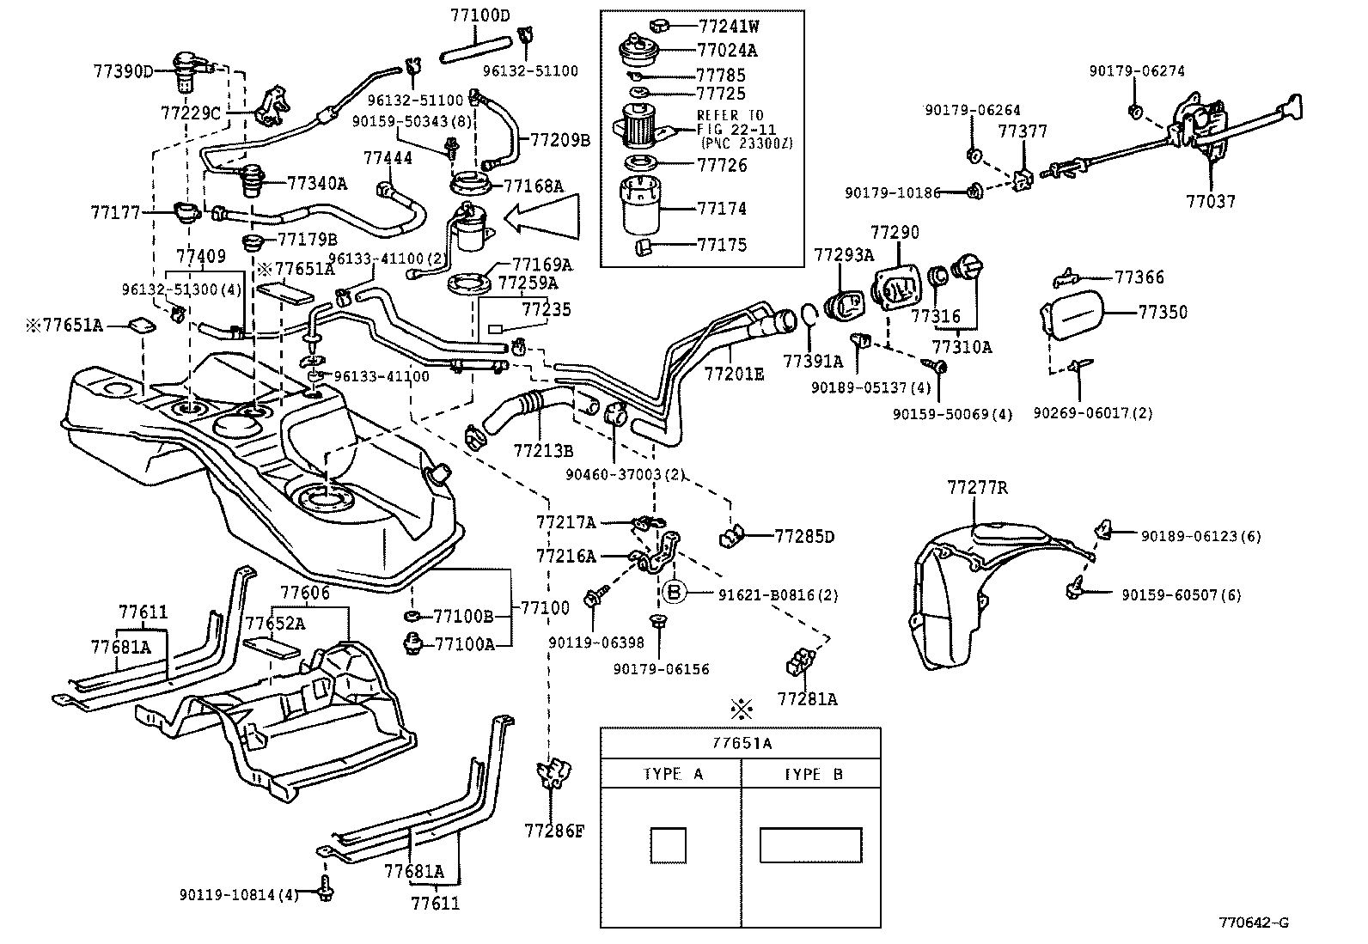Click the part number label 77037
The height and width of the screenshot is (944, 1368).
(1210, 202)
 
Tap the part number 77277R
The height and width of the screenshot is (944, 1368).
(977, 488)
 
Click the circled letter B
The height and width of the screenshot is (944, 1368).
(675, 593)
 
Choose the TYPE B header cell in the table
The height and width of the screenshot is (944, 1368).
(811, 774)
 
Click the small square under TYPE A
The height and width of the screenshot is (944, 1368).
(668, 844)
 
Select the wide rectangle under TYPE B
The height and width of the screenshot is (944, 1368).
(810, 844)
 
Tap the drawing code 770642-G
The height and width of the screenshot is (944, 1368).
(1253, 923)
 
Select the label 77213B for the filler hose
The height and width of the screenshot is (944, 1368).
(543, 449)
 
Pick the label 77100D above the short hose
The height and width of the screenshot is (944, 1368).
(479, 15)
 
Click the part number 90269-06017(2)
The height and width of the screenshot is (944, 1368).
(1092, 413)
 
